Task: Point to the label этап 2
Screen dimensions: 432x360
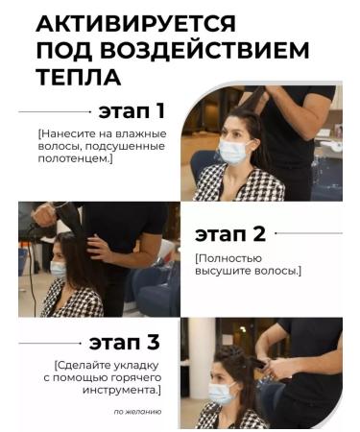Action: tap(230, 233)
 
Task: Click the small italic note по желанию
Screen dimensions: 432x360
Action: tap(136, 411)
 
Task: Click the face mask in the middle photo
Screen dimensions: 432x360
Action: tap(59, 269)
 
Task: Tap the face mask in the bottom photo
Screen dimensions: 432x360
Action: tap(222, 393)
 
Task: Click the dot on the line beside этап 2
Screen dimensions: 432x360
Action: tap(276, 233)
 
